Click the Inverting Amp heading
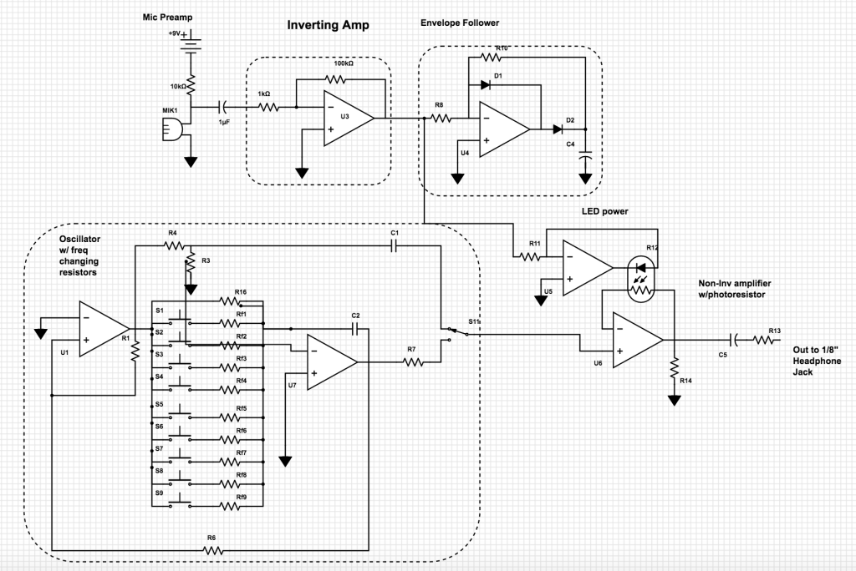(328, 25)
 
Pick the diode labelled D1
(486, 84)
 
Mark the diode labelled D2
(558, 129)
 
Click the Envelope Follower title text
(459, 23)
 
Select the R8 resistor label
(438, 105)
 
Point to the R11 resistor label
(535, 243)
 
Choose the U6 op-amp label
(597, 363)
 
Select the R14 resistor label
(685, 381)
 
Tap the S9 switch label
(159, 493)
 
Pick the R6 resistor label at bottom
(211, 538)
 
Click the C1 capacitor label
(395, 233)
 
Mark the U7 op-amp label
(292, 385)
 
